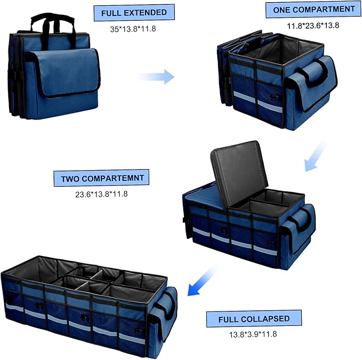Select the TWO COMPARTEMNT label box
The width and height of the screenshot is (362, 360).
(x=101, y=179)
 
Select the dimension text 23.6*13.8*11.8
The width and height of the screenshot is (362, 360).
(x=101, y=194)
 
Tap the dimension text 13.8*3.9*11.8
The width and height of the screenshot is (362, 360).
(x=253, y=334)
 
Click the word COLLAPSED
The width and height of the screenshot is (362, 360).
(x=269, y=319)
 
